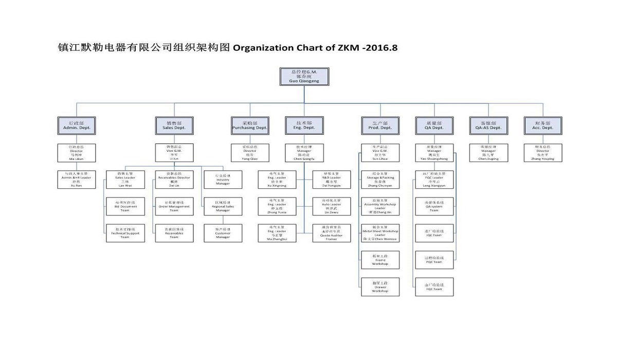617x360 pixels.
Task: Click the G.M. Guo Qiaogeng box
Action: (304, 76)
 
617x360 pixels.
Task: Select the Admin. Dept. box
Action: (77, 125)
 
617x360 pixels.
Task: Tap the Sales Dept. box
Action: (174, 125)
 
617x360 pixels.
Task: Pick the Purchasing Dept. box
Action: (250, 125)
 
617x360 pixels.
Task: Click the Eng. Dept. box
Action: (304, 125)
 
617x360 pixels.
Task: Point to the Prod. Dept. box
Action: (380, 125)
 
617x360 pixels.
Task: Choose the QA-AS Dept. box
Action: (488, 125)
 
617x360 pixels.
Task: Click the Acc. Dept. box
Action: (543, 125)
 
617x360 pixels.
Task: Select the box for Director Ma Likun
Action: (77, 153)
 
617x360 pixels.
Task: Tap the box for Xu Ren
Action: (77, 179)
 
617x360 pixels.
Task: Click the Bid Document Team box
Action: (125, 206)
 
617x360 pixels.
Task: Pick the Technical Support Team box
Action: (125, 233)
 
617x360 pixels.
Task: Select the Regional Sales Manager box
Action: (223, 206)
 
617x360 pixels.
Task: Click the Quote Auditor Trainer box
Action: (331, 233)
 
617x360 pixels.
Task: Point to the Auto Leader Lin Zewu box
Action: (331, 206)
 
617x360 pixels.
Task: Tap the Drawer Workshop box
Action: (380, 287)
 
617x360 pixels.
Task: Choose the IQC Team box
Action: (434, 233)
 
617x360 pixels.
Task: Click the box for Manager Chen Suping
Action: (488, 153)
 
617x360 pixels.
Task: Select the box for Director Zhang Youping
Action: (543, 153)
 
